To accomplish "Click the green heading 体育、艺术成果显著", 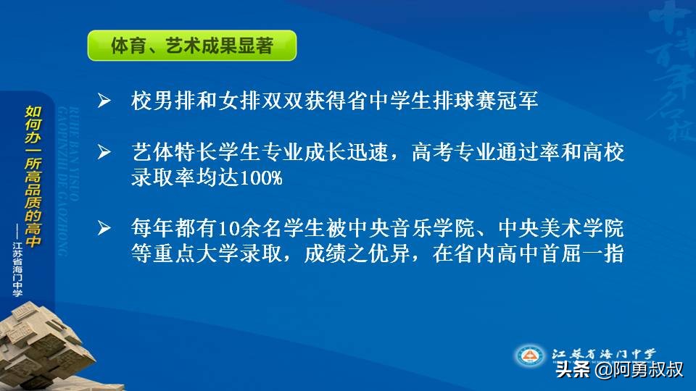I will [x=191, y=46].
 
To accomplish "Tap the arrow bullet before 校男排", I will [x=104, y=101].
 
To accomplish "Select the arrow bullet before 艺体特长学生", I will [x=104, y=153].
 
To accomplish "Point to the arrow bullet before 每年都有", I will [x=104, y=230].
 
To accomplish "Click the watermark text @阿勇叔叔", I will [x=638, y=371].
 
